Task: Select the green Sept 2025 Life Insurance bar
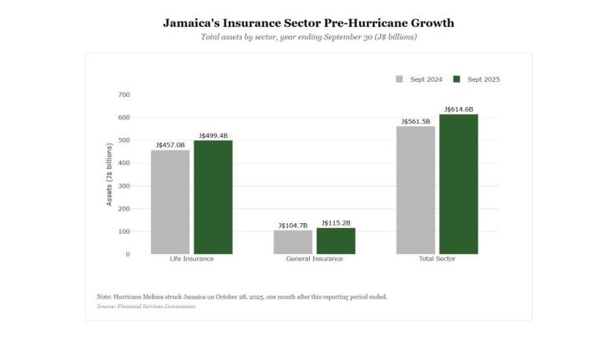(213, 197)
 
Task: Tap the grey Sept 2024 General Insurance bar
(292, 242)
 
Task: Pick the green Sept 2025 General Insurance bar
(336, 241)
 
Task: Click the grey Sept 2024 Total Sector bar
(415, 190)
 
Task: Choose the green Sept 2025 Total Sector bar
(459, 184)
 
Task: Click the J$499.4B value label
(213, 135)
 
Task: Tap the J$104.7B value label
(292, 226)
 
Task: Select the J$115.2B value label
(336, 223)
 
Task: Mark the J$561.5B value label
(415, 121)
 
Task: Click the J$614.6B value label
(459, 109)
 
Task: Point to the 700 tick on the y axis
(124, 94)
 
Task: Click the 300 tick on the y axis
(124, 185)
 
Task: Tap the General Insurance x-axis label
(314, 259)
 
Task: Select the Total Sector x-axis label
(437, 259)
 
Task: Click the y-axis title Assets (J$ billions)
(109, 175)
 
